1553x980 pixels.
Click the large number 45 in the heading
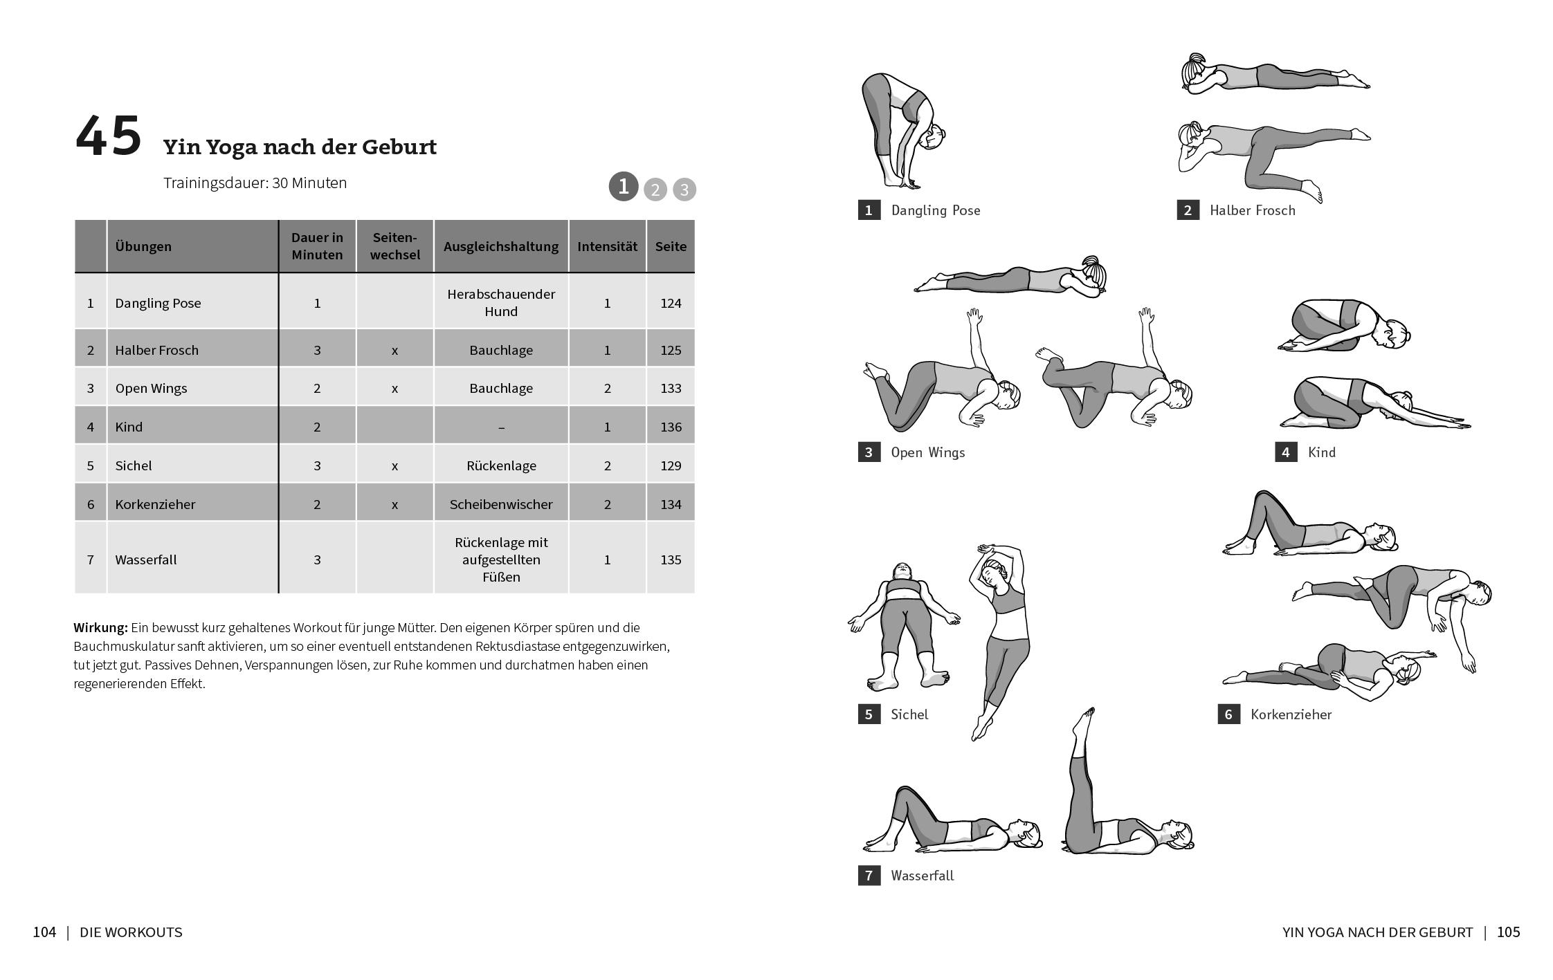pyautogui.click(x=108, y=136)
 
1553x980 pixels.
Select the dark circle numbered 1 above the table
pyautogui.click(x=623, y=187)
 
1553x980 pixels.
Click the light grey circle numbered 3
pyautogui.click(x=684, y=189)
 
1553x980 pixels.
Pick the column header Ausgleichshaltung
pyautogui.click(x=500, y=246)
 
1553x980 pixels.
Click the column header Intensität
pyautogui.click(x=607, y=246)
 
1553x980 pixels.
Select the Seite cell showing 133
pyautogui.click(x=670, y=388)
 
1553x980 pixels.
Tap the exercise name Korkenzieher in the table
pyautogui.click(x=155, y=504)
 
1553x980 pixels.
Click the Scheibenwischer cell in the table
pyautogui.click(x=500, y=504)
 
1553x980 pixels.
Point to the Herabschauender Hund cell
pyautogui.click(x=500, y=302)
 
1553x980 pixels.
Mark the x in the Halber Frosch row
pyautogui.click(x=394, y=350)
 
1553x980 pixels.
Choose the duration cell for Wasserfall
pyautogui.click(x=317, y=560)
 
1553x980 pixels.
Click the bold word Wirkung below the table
pyautogui.click(x=100, y=627)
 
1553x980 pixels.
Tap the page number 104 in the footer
pyautogui.click(x=44, y=932)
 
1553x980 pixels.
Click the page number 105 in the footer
pyautogui.click(x=1508, y=932)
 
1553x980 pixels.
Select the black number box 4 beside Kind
pyautogui.click(x=1285, y=452)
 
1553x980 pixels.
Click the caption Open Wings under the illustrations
pyautogui.click(x=927, y=452)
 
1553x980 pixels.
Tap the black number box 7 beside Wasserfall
pyautogui.click(x=869, y=876)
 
